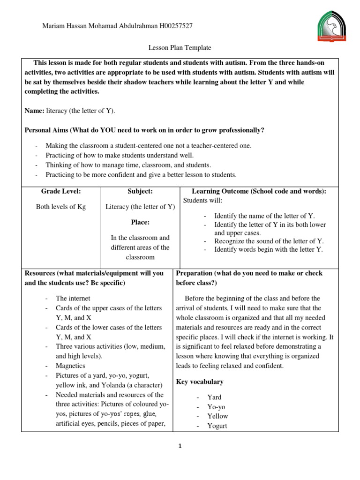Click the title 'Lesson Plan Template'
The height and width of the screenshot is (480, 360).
tap(180, 48)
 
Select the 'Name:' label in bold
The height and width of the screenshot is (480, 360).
tap(34, 111)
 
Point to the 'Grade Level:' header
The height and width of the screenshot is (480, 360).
tap(61, 191)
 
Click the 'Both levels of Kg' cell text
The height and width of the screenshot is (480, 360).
tap(61, 207)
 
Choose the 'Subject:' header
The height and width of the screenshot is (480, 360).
tap(140, 191)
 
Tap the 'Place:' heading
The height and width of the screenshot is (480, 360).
tap(140, 222)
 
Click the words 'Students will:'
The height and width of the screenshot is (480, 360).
tap(202, 201)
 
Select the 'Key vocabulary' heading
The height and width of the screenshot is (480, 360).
tap(200, 382)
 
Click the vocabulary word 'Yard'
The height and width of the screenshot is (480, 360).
tap(214, 397)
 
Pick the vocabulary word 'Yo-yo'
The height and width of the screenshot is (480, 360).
tap(217, 407)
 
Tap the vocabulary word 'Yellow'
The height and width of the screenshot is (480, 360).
tap(217, 416)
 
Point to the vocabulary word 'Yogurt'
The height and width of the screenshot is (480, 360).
tap(217, 426)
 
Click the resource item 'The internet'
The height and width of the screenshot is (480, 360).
tap(73, 298)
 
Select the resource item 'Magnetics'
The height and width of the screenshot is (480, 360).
tap(71, 366)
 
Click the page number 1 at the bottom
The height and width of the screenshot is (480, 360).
tap(180, 446)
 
